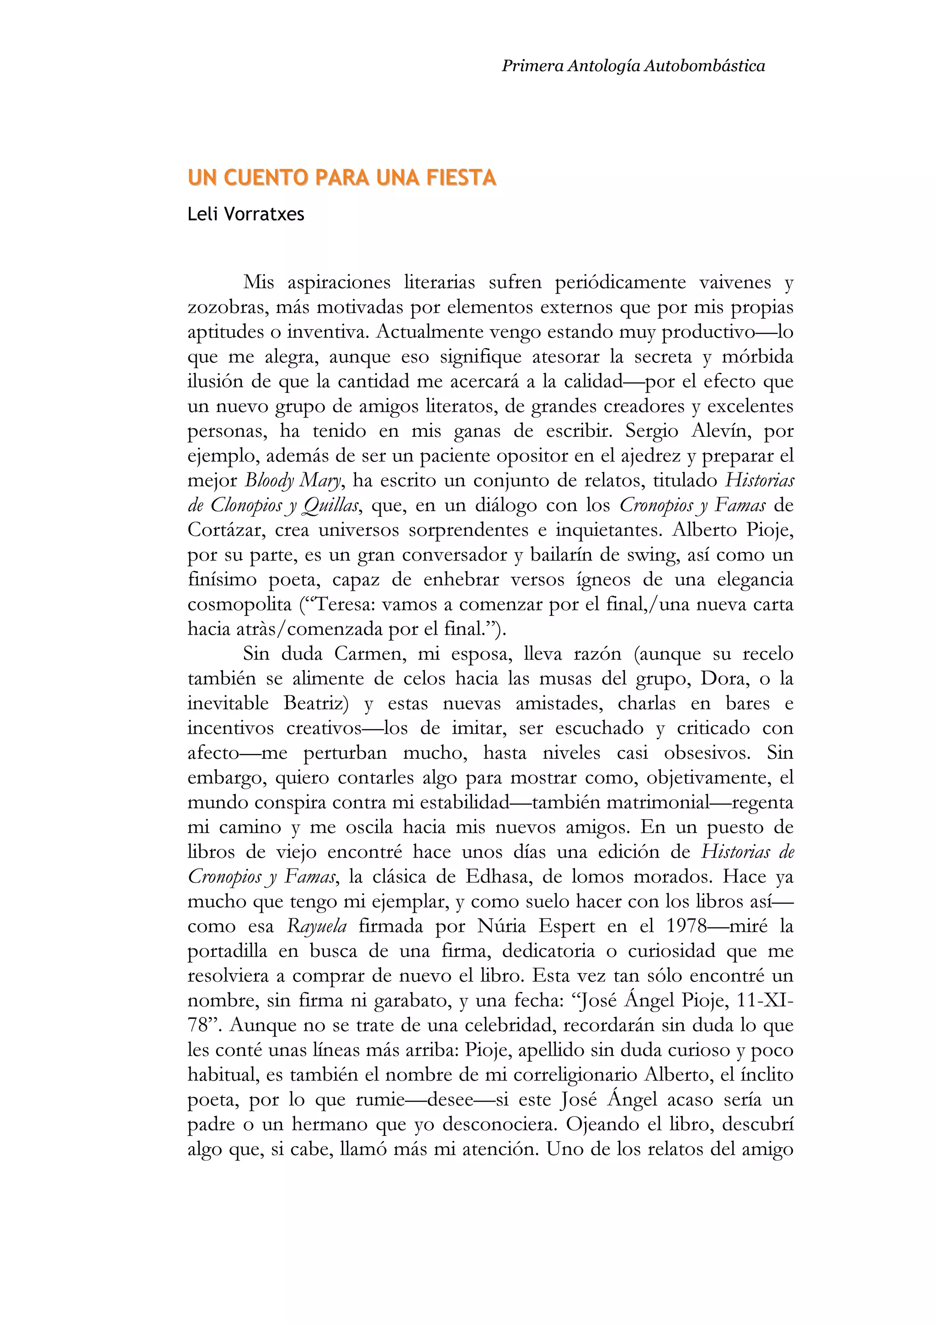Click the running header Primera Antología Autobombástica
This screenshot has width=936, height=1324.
point(633,66)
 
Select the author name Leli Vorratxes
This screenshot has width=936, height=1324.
point(246,215)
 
